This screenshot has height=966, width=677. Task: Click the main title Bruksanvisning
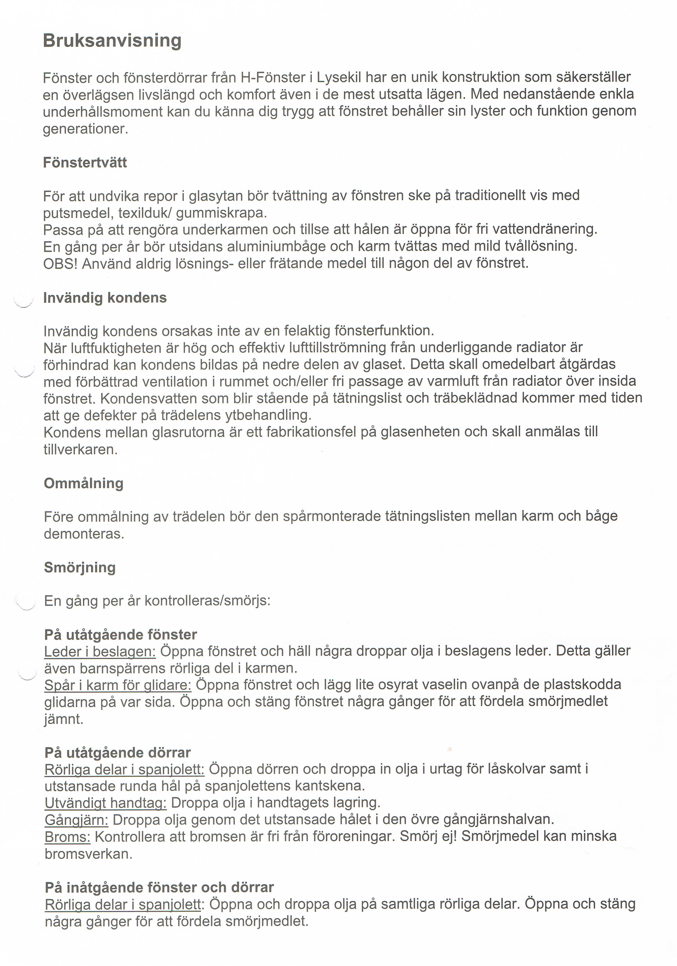click(112, 41)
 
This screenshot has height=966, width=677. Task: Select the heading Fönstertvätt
click(85, 162)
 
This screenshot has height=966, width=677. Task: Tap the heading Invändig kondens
click(105, 298)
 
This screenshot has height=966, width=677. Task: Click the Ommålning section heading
click(84, 483)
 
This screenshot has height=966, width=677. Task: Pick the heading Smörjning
click(80, 568)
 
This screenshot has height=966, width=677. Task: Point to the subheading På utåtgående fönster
click(121, 635)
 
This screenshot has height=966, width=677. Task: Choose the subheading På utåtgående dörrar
click(118, 752)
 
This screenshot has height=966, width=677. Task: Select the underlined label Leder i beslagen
click(100, 652)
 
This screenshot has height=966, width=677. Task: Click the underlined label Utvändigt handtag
click(106, 803)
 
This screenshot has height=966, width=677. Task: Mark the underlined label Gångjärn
click(76, 820)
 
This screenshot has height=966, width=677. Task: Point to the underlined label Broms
click(68, 837)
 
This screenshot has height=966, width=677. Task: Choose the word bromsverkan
click(88, 854)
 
